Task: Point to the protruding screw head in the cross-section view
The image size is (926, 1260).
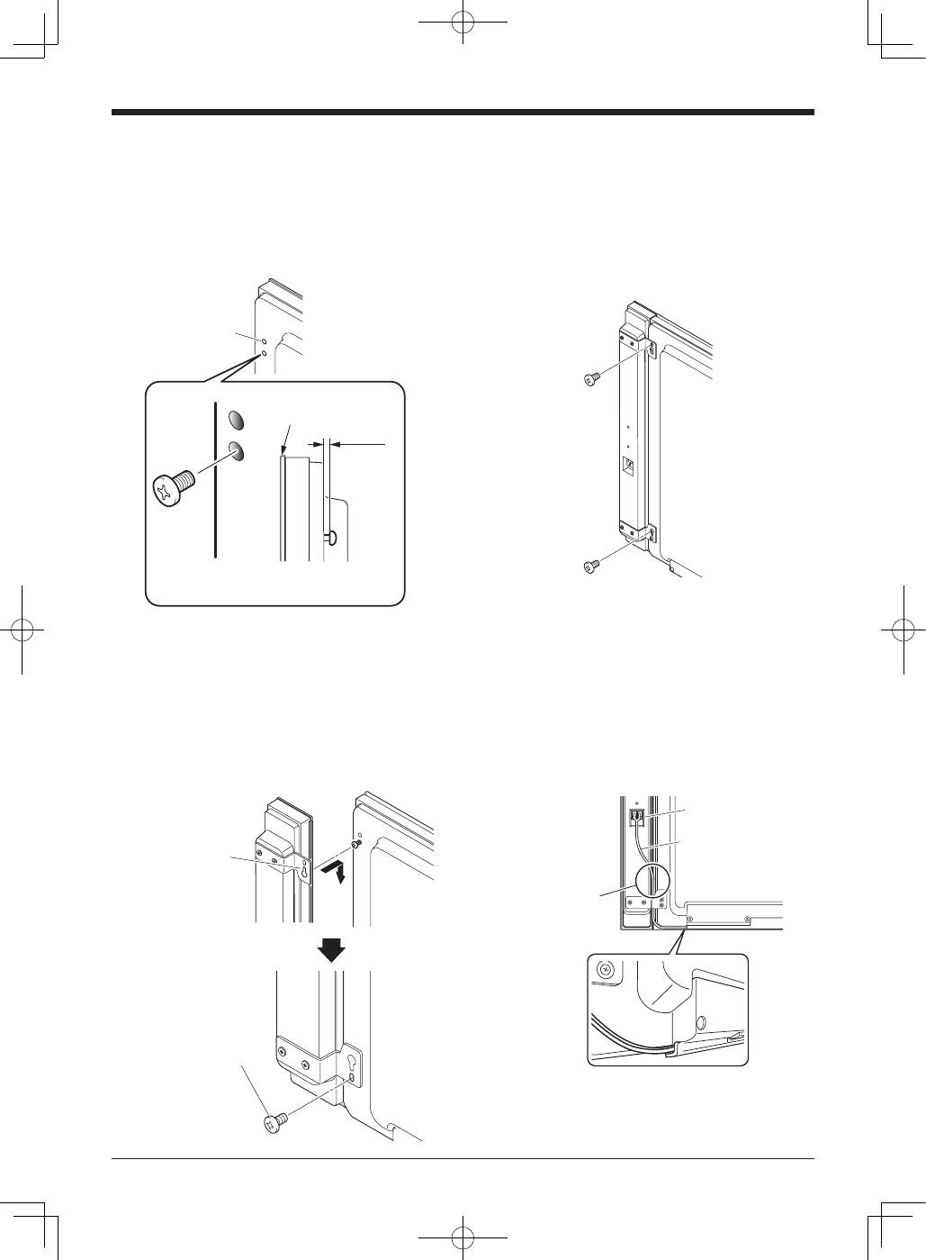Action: click(x=334, y=537)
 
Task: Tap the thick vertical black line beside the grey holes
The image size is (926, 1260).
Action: click(x=216, y=481)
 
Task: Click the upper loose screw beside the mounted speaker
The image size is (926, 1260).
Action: click(x=591, y=380)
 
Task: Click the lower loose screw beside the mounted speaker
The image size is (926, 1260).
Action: click(x=591, y=566)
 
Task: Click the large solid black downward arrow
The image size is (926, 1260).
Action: click(x=333, y=949)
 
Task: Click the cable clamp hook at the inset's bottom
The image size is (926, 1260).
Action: click(x=671, y=1048)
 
